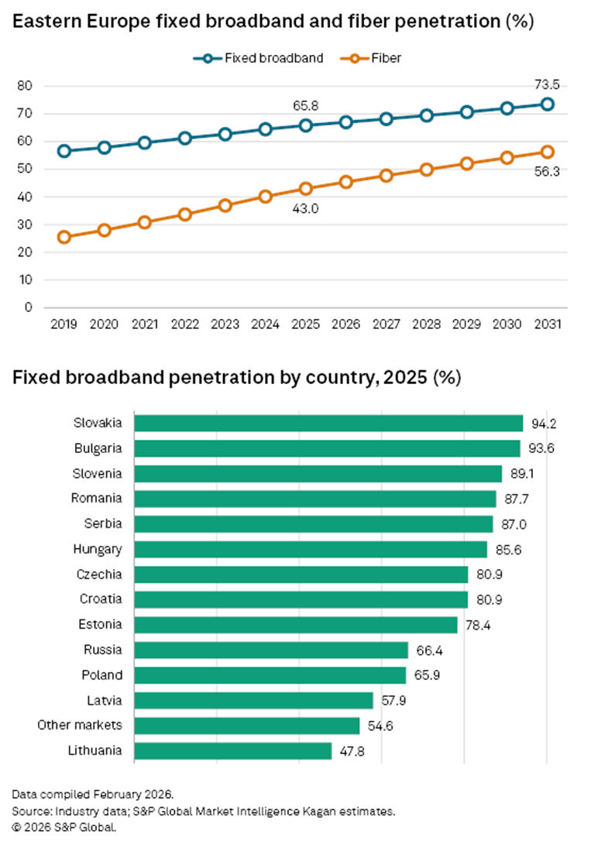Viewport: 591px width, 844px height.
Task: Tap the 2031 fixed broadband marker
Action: tap(547, 104)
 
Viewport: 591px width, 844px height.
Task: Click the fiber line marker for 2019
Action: tap(64, 237)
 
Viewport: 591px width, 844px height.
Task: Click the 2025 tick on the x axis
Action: tap(305, 323)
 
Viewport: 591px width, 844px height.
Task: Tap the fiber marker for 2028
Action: tap(426, 170)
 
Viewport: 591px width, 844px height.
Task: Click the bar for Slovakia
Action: tap(328, 423)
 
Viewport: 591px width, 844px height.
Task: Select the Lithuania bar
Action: tap(232, 750)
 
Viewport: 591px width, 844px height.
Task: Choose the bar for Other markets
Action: tap(246, 726)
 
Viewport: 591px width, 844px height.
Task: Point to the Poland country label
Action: tap(102, 675)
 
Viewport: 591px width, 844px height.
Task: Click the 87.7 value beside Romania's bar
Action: tap(515, 499)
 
